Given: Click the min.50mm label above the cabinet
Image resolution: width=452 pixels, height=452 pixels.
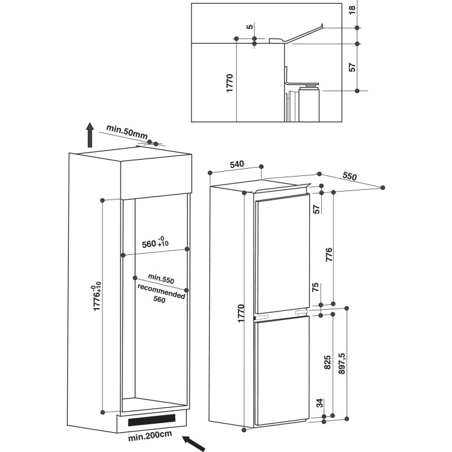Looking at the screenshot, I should (127, 130).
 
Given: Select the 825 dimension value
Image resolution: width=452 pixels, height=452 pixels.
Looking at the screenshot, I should (328, 362).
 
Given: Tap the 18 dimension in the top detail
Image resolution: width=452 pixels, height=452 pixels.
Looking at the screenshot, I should (353, 9).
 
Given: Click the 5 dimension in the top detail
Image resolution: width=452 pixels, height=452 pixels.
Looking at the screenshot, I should (248, 27).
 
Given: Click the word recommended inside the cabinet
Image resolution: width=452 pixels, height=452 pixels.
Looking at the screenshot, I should (160, 291).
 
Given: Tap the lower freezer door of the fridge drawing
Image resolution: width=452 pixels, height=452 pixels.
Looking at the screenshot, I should (282, 368).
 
